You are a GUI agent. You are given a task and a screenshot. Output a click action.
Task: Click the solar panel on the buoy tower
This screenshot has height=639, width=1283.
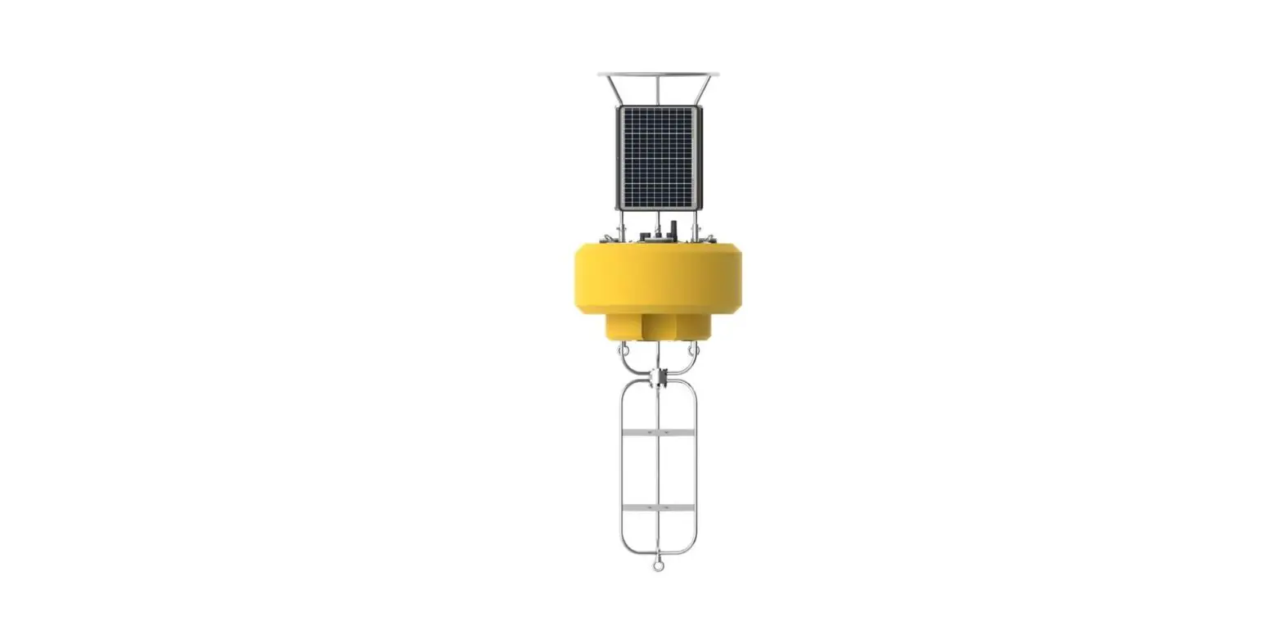tap(659, 156)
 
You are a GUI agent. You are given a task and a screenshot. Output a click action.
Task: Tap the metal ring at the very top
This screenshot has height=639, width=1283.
tap(658, 74)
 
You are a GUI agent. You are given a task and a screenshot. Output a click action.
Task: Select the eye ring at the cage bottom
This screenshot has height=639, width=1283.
tap(658, 565)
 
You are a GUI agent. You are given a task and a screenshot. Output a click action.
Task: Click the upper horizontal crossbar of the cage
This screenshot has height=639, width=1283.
tap(658, 431)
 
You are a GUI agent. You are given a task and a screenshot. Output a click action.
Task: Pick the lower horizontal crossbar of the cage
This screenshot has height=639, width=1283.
tap(658, 507)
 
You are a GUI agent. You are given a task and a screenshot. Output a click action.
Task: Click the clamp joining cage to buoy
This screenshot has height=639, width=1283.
tap(658, 378)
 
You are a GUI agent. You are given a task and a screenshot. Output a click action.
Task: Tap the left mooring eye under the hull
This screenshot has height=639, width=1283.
tap(623, 350)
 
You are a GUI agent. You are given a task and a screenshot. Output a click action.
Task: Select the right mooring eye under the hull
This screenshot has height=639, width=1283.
tap(694, 350)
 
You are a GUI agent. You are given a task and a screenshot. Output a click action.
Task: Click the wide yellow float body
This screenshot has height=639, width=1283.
tap(658, 278)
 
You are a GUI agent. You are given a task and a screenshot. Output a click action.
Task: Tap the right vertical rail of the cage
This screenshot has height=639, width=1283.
tap(696, 475)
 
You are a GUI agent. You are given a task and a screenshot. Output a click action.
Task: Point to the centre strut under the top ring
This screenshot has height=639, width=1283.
tap(658, 90)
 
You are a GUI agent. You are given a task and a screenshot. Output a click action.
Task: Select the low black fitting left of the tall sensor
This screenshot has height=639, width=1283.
tap(645, 236)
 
